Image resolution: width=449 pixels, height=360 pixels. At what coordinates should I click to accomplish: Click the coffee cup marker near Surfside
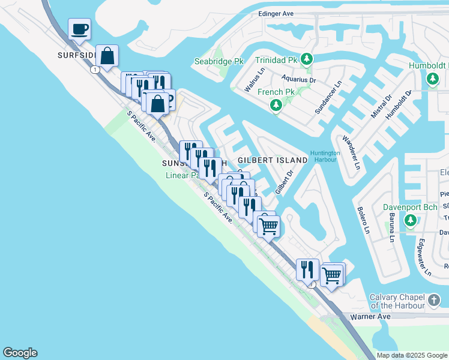pos(79,29)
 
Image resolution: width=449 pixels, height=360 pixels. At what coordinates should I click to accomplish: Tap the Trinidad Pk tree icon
pos(307,59)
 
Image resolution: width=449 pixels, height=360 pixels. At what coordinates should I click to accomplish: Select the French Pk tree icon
pos(276,106)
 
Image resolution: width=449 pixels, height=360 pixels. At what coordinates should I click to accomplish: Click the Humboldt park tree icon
pos(432,79)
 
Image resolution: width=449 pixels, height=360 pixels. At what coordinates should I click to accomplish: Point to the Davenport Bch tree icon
pos(411,221)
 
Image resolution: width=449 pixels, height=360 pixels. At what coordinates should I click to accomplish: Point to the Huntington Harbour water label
pos(325,156)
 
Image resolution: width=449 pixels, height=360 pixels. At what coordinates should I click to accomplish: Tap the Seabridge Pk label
pos(218,61)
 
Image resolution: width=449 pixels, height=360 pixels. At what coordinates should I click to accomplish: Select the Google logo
pos(20,353)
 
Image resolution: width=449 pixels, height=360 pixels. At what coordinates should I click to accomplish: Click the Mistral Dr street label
pos(381,106)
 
